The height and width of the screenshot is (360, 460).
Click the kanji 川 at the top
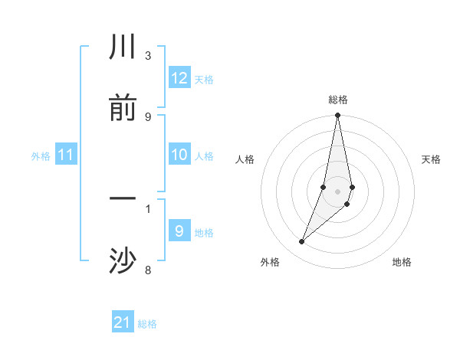(123, 48)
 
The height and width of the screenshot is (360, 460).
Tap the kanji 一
(123, 201)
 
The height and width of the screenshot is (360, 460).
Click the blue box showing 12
(179, 78)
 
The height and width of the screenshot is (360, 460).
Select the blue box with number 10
(179, 155)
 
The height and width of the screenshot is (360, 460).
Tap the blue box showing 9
(179, 231)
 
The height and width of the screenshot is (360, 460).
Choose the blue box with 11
(66, 155)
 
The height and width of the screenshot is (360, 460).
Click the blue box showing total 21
(123, 322)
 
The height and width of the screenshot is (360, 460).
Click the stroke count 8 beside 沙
(148, 270)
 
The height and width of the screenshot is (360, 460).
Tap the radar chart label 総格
(338, 100)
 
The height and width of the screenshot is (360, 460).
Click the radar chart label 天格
(432, 159)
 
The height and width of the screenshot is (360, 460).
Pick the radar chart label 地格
(402, 262)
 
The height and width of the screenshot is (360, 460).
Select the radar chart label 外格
(270, 262)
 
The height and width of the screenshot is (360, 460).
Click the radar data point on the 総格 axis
(338, 116)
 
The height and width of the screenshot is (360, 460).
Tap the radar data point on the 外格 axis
(302, 242)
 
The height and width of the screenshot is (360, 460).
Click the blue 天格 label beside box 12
(204, 80)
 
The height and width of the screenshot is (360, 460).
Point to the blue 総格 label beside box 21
(147, 324)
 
